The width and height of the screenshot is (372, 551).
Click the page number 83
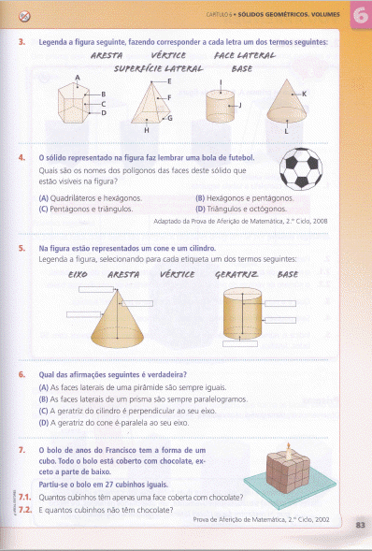pos(361,526)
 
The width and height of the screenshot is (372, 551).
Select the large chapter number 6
pos(357,16)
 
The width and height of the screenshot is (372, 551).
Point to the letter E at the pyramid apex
pos(168,82)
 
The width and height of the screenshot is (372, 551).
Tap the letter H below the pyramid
pos(146,129)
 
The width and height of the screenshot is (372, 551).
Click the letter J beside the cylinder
pos(239,105)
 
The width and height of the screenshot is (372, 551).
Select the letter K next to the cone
pos(304,94)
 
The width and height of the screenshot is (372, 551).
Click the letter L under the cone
pos(286,132)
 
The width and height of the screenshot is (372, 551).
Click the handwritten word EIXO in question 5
pos(79,275)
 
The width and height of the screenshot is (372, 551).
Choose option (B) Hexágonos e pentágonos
pos(243,198)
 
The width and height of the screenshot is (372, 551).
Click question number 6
pos(21,374)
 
